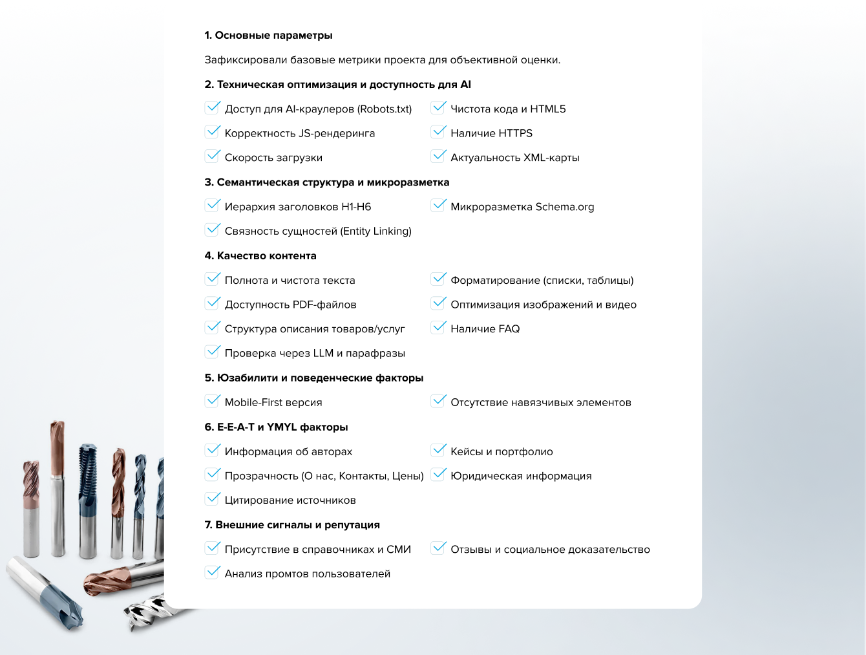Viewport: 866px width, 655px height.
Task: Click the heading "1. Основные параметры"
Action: tap(268, 36)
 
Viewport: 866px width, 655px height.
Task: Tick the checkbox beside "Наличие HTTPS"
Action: tap(439, 133)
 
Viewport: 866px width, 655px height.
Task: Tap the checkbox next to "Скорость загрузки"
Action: tap(213, 156)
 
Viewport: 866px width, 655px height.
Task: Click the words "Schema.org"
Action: tap(565, 207)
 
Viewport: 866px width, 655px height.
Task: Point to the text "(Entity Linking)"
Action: tap(375, 231)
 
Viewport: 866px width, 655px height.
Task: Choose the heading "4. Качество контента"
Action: tap(260, 256)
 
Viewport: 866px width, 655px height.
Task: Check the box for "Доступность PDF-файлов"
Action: tap(213, 303)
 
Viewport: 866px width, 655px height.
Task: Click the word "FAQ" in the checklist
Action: tap(509, 329)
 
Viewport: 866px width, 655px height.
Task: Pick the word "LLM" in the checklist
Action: tap(323, 354)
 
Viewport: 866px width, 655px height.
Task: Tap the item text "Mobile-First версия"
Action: tap(273, 402)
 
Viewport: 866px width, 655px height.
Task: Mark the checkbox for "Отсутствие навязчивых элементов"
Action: tap(439, 402)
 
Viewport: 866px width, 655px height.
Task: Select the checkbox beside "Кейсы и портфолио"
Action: tap(439, 451)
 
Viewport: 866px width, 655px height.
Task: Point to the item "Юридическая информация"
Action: tap(521, 476)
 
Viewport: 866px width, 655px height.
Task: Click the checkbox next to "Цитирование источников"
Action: tap(213, 499)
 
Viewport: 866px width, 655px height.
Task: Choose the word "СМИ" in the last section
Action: tap(399, 550)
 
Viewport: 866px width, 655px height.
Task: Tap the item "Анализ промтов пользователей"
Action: tap(308, 574)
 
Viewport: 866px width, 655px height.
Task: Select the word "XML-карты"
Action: tap(551, 158)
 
